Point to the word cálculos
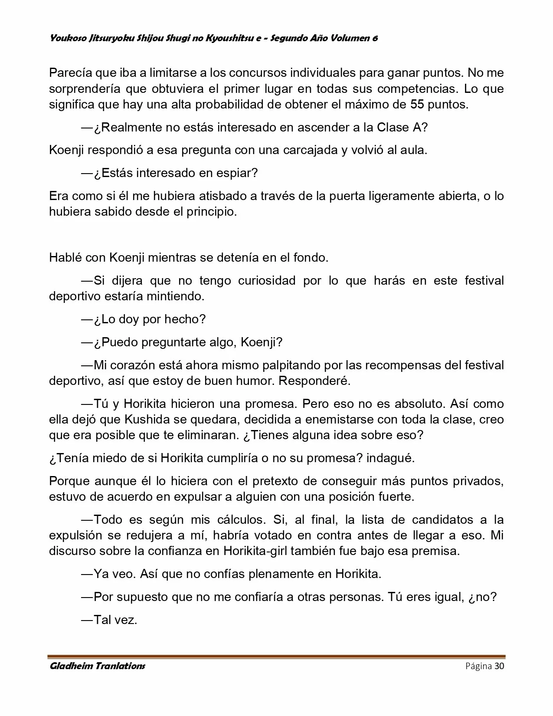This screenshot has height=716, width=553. [242, 519]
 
